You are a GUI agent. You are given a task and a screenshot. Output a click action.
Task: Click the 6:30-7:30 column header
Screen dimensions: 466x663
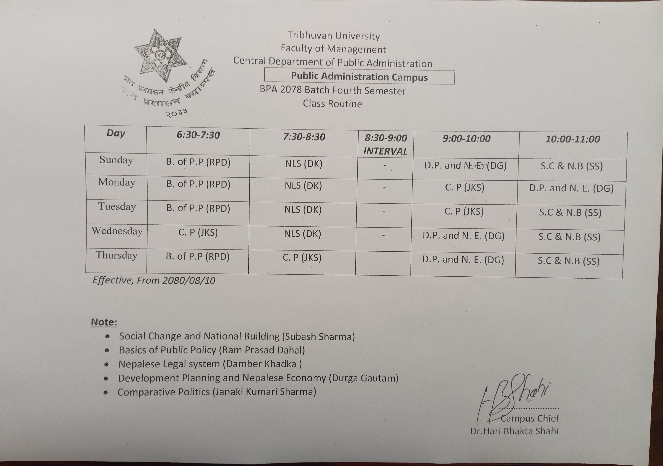tap(198, 135)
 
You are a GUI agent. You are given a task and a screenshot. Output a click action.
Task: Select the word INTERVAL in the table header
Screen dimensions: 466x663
tap(385, 151)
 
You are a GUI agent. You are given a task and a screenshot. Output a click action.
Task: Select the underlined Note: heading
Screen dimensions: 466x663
tap(104, 322)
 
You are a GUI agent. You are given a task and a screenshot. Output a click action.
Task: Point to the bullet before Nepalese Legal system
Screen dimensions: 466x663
tap(107, 365)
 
